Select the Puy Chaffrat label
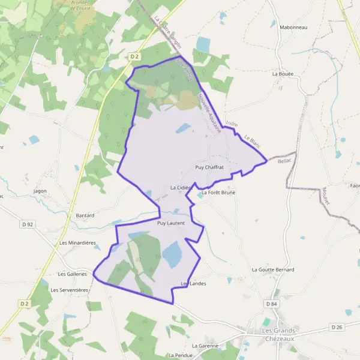pos(209,167)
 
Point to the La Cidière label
pos(181,188)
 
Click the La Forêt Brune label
pos(218,193)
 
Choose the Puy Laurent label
pos(170,223)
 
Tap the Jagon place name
pos(40,191)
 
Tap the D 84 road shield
pos(272,304)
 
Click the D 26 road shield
pos(337,327)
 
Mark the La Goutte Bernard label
pos(273,270)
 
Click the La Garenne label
pos(205,346)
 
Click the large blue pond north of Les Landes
pos(172,255)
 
